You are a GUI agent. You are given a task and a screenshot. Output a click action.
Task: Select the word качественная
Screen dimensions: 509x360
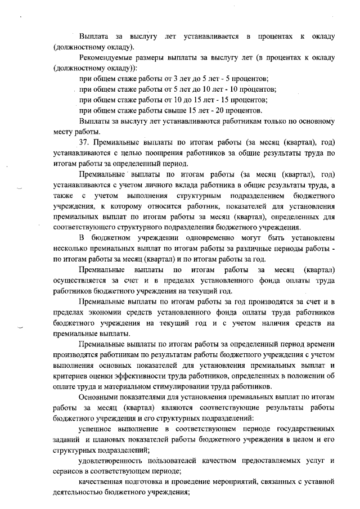(x=104, y=481)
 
